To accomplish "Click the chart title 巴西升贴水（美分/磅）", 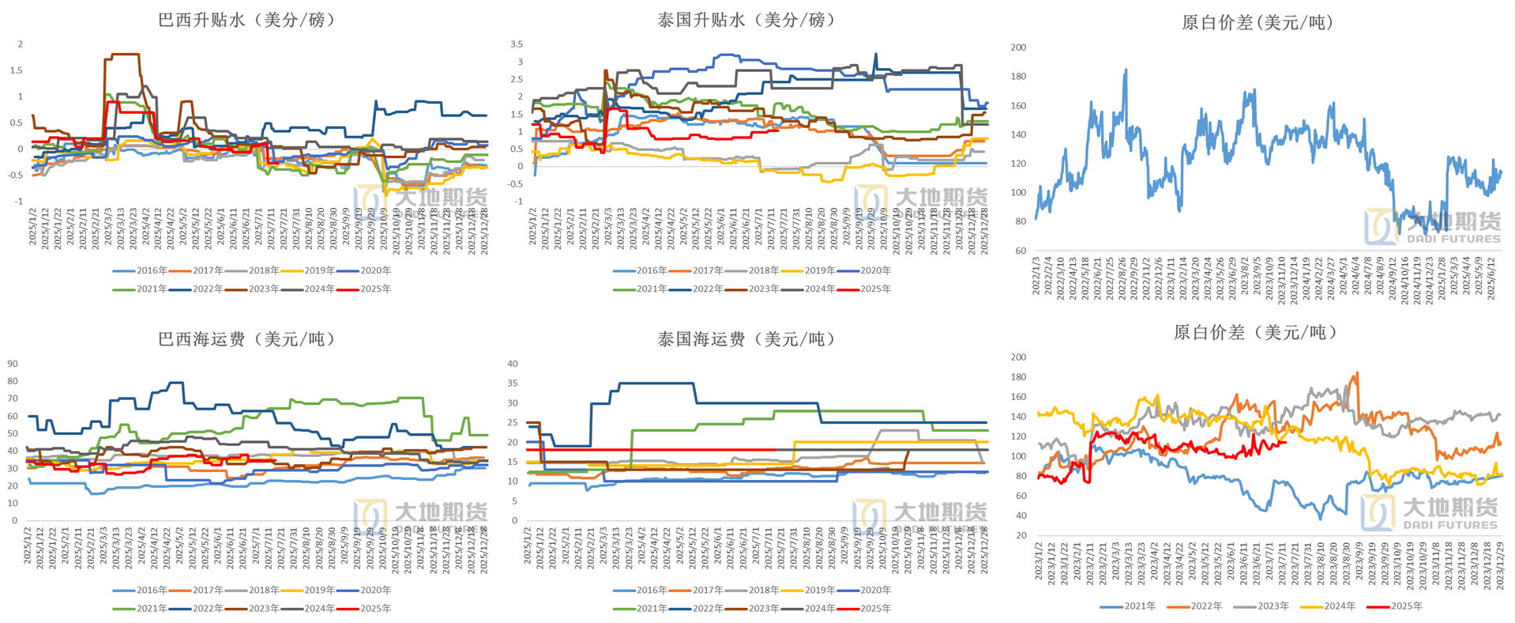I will coord(246,20).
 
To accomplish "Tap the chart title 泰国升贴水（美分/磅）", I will coord(746,20).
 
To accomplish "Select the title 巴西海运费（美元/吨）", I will coord(246,339).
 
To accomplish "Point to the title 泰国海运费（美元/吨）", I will coord(746,339).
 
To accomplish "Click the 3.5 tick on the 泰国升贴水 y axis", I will coord(517,44).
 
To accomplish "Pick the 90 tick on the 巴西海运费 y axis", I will coord(13,364).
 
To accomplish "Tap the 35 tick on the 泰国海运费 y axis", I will coord(513,383).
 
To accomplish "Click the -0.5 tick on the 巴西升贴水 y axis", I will coord(16,175).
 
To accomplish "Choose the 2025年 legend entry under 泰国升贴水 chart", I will coord(875,289).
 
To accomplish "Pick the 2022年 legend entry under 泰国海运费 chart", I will coord(707,609).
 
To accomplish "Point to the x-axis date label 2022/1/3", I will coord(1036,276).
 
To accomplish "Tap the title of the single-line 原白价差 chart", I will coord(1257,23).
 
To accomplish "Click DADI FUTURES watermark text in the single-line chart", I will coord(1453,239).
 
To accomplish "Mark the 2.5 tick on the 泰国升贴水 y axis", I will coord(517,79).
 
